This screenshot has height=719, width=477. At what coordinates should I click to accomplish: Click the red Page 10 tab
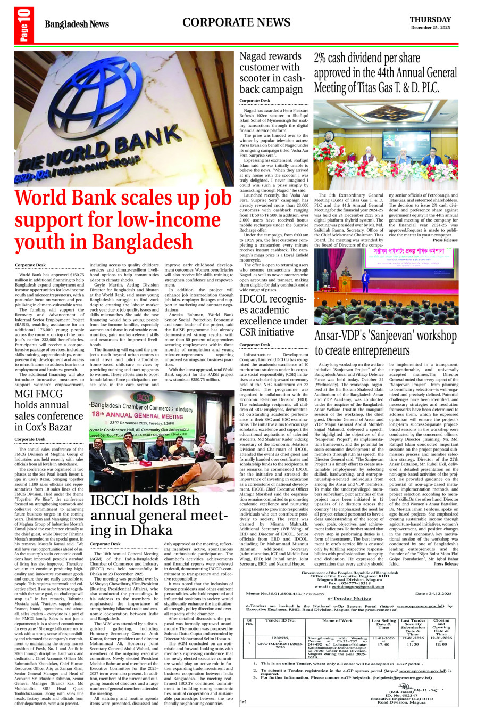(x=24, y=25)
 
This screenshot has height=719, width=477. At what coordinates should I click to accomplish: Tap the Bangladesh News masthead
(x=77, y=24)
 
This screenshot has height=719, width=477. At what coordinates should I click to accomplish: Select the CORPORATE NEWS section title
(x=236, y=22)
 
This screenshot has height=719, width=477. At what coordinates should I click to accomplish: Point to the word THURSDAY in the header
(x=430, y=20)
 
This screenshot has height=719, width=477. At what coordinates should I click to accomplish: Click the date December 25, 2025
(x=430, y=28)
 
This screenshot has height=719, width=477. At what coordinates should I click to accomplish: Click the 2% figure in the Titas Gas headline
(x=322, y=58)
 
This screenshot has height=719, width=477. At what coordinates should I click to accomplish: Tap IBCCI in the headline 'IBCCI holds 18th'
(x=108, y=501)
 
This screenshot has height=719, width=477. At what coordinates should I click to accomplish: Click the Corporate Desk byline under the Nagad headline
(x=255, y=101)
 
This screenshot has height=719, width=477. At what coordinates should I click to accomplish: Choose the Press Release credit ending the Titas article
(x=445, y=240)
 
